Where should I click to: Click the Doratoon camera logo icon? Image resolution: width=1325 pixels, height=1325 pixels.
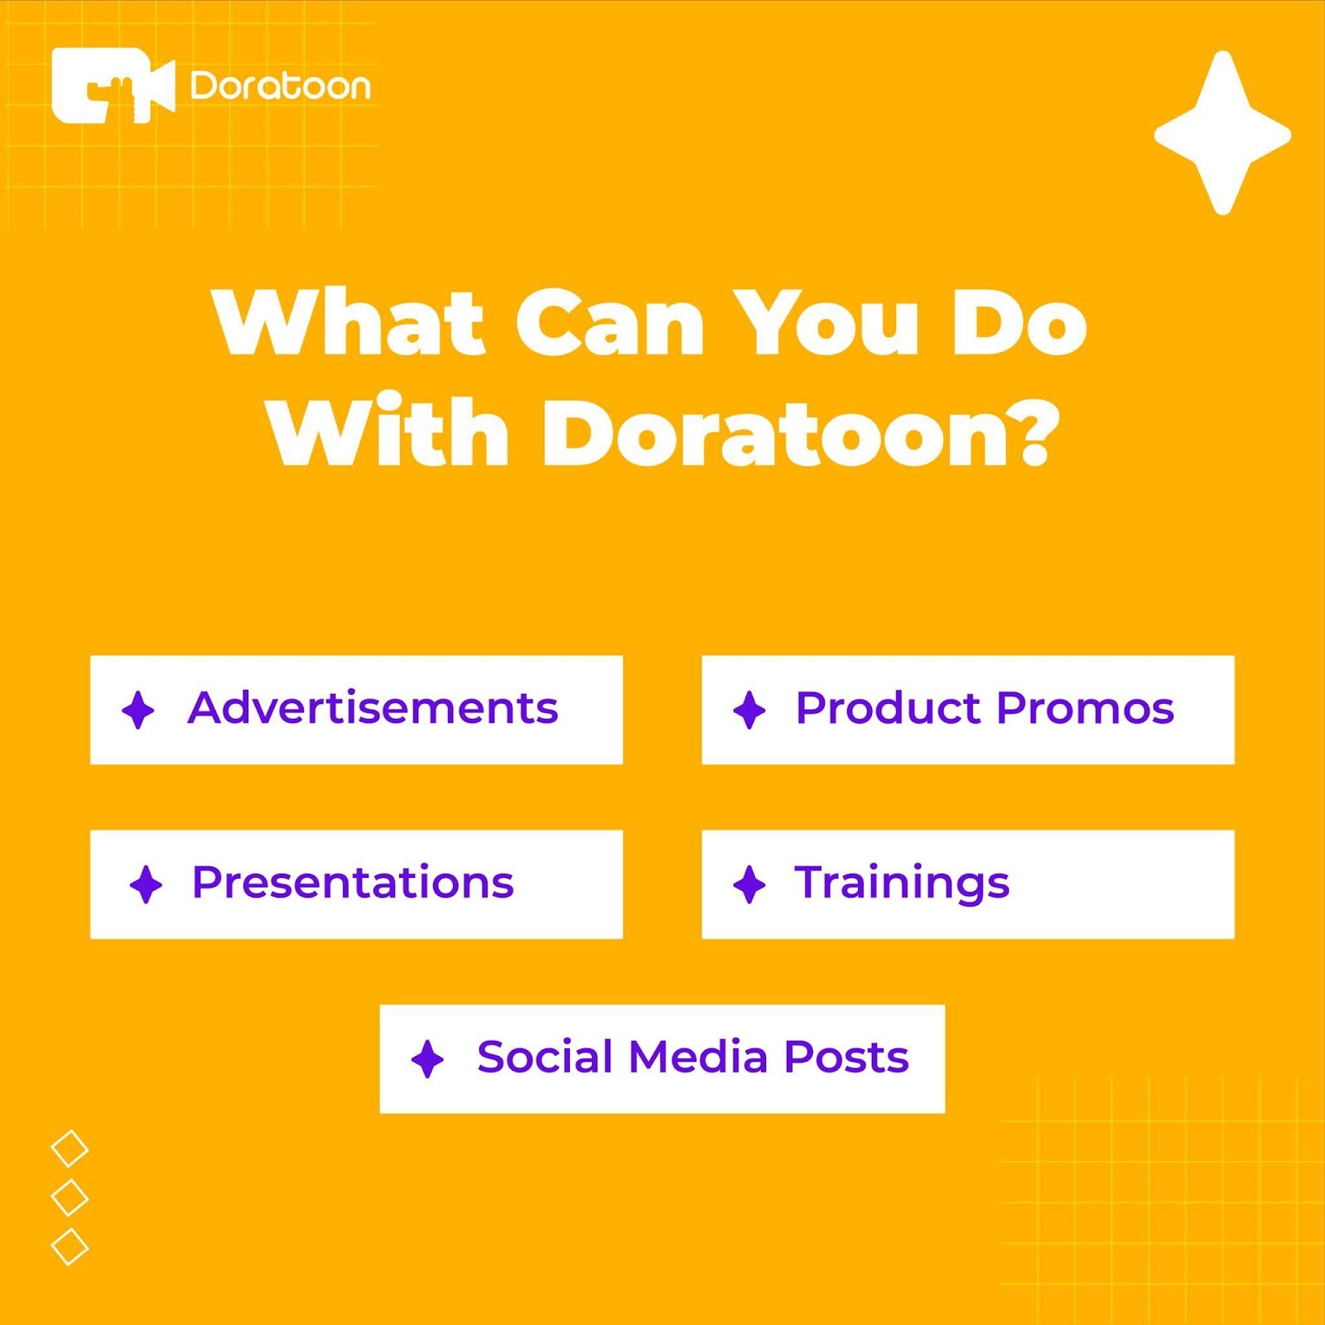113,85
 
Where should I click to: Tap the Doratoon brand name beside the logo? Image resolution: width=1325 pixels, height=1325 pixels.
281,86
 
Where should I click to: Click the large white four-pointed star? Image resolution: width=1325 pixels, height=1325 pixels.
1222,133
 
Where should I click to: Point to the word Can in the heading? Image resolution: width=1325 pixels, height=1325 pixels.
610,324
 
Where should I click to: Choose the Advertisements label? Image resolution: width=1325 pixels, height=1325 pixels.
373,709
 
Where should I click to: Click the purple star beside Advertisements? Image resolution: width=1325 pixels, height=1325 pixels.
138,711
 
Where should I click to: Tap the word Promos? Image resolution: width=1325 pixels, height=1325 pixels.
1086,709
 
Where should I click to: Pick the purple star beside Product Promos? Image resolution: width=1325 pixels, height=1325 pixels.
749,711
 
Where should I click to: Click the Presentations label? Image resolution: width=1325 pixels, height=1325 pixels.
353,883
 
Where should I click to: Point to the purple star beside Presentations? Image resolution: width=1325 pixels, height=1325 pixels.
147,884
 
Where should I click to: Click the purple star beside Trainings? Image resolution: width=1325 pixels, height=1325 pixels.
749,884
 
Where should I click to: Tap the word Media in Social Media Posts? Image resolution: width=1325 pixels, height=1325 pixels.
698,1058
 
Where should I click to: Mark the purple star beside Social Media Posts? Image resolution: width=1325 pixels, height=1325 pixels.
427,1059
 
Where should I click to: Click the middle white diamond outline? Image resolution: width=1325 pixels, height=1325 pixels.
70,1197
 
